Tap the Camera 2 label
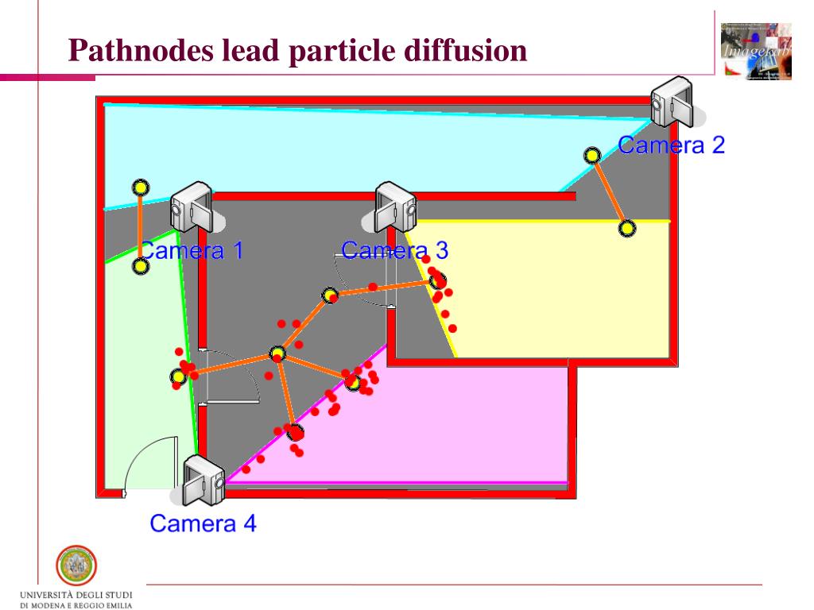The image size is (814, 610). [671, 145]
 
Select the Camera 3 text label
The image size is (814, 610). [394, 251]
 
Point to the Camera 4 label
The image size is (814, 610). [203, 523]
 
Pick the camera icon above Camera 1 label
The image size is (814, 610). [191, 206]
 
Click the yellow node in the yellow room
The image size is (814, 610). [627, 229]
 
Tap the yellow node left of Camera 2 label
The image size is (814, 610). [591, 156]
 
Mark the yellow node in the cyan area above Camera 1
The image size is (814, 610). [140, 187]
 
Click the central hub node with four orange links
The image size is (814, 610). [277, 353]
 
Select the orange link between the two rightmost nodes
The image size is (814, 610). [610, 192]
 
